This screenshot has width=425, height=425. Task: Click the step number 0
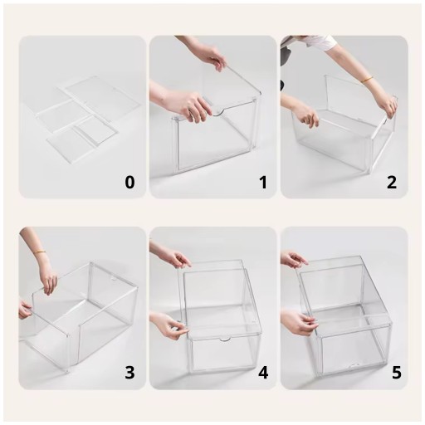(129, 183)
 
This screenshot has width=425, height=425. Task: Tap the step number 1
(263, 183)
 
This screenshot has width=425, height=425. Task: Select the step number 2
(391, 183)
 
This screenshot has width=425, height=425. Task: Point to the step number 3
(129, 372)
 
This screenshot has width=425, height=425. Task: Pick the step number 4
(263, 372)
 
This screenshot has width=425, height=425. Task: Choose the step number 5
(396, 372)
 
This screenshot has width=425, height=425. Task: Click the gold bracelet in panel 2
(367, 80)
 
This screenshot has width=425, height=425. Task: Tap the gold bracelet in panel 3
(41, 252)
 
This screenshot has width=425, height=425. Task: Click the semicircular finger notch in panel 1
(217, 112)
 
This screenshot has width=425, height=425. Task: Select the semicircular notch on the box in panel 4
(226, 340)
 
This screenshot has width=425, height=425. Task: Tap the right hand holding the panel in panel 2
(388, 105)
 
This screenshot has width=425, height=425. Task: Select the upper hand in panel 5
(294, 259)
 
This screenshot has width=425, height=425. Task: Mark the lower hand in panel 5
(299, 322)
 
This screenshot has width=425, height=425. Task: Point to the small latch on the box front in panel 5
(354, 366)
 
